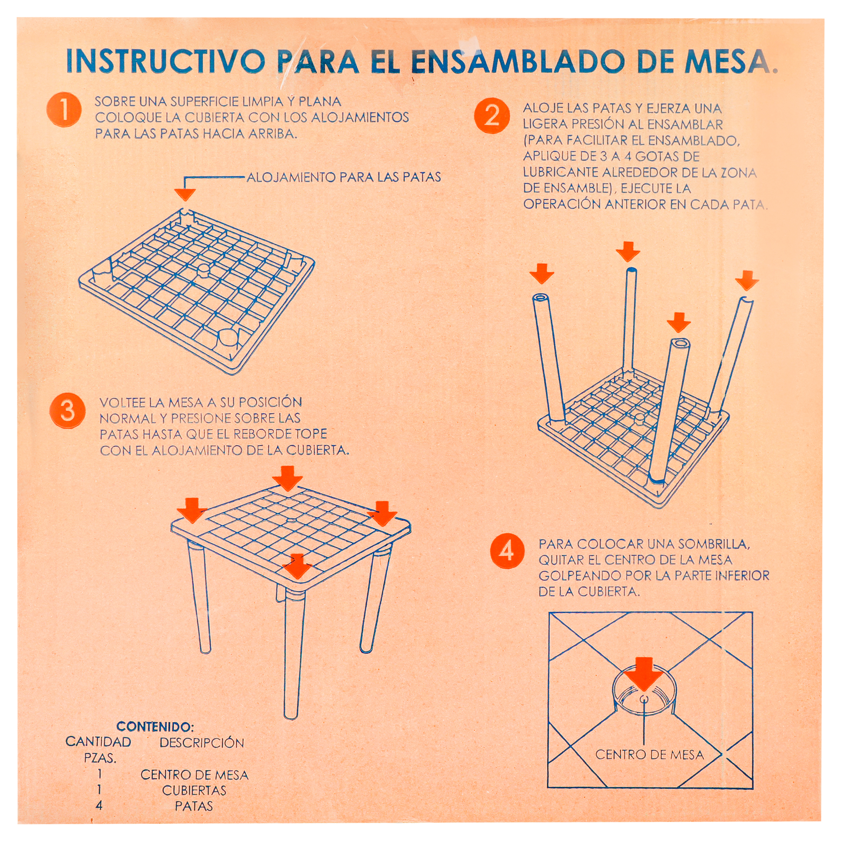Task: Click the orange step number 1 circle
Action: (64, 110)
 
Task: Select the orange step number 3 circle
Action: (68, 411)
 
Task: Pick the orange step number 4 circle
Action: (508, 551)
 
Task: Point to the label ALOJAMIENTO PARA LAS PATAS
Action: (344, 177)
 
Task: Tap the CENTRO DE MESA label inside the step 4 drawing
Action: (649, 754)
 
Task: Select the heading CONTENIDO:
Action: (155, 726)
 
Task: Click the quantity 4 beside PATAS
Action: (99, 805)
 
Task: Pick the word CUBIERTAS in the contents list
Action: (194, 790)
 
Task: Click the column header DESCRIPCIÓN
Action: (202, 742)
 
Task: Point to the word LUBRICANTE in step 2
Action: (561, 172)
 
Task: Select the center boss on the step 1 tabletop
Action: (203, 270)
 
